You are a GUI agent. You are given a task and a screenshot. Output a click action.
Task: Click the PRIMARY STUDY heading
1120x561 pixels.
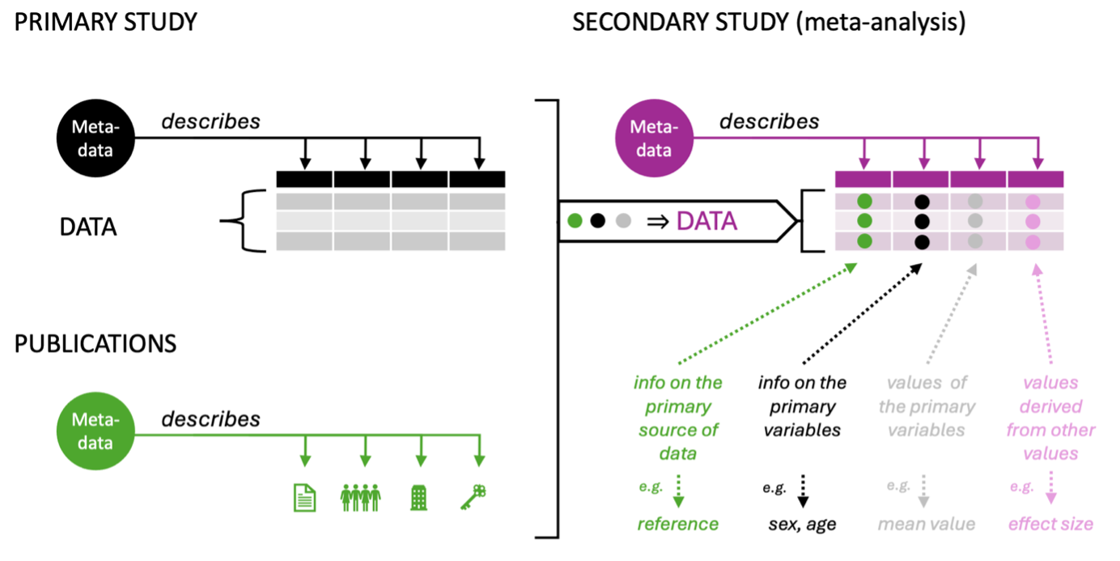coord(106,22)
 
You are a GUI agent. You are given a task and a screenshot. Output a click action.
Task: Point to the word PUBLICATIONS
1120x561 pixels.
coord(95,343)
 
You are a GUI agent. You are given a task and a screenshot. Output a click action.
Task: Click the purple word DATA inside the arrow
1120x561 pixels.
coord(706,220)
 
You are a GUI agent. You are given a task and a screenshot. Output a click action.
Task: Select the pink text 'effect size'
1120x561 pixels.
coord(1050,524)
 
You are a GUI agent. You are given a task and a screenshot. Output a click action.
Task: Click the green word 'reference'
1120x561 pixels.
coord(677,524)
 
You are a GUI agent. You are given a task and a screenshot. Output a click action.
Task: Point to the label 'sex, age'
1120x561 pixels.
coord(802,524)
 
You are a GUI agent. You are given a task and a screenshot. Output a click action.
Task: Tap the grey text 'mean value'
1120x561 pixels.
coord(926,524)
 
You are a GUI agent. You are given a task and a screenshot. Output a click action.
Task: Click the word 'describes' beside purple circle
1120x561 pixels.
coord(769,121)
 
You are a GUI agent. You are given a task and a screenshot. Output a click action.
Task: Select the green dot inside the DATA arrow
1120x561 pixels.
coord(575,220)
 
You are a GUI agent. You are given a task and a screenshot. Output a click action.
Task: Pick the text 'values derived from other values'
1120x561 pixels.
coord(1050,418)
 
